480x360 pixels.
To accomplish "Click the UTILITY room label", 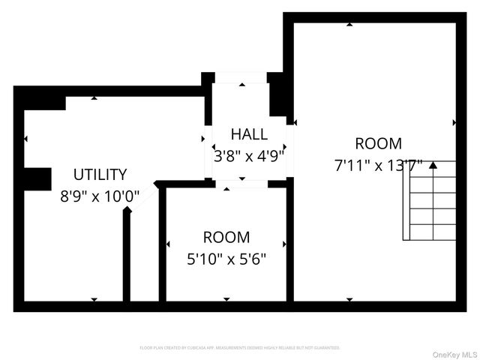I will (100, 175).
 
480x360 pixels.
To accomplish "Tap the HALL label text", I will (249, 134).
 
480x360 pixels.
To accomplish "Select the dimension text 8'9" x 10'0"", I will (100, 196).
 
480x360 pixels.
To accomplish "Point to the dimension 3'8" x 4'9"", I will (249, 156).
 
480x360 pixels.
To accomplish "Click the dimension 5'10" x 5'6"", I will (226, 259).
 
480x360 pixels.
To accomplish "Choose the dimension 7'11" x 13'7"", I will (379, 164).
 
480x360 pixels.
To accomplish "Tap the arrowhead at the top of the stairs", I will (432, 166).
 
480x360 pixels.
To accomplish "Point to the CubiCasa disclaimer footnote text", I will (240, 348).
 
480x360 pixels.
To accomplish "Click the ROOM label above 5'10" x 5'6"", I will (226, 238).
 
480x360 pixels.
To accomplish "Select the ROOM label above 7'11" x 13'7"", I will (379, 143).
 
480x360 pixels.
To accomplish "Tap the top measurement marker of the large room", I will (349, 25).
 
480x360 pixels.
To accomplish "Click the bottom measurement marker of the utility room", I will (94, 299).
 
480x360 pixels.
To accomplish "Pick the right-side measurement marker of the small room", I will (284, 244).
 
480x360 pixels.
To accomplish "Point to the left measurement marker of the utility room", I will (26, 139).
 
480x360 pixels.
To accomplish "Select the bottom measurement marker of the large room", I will (349, 299).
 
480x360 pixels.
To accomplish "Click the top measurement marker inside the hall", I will (241, 85).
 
